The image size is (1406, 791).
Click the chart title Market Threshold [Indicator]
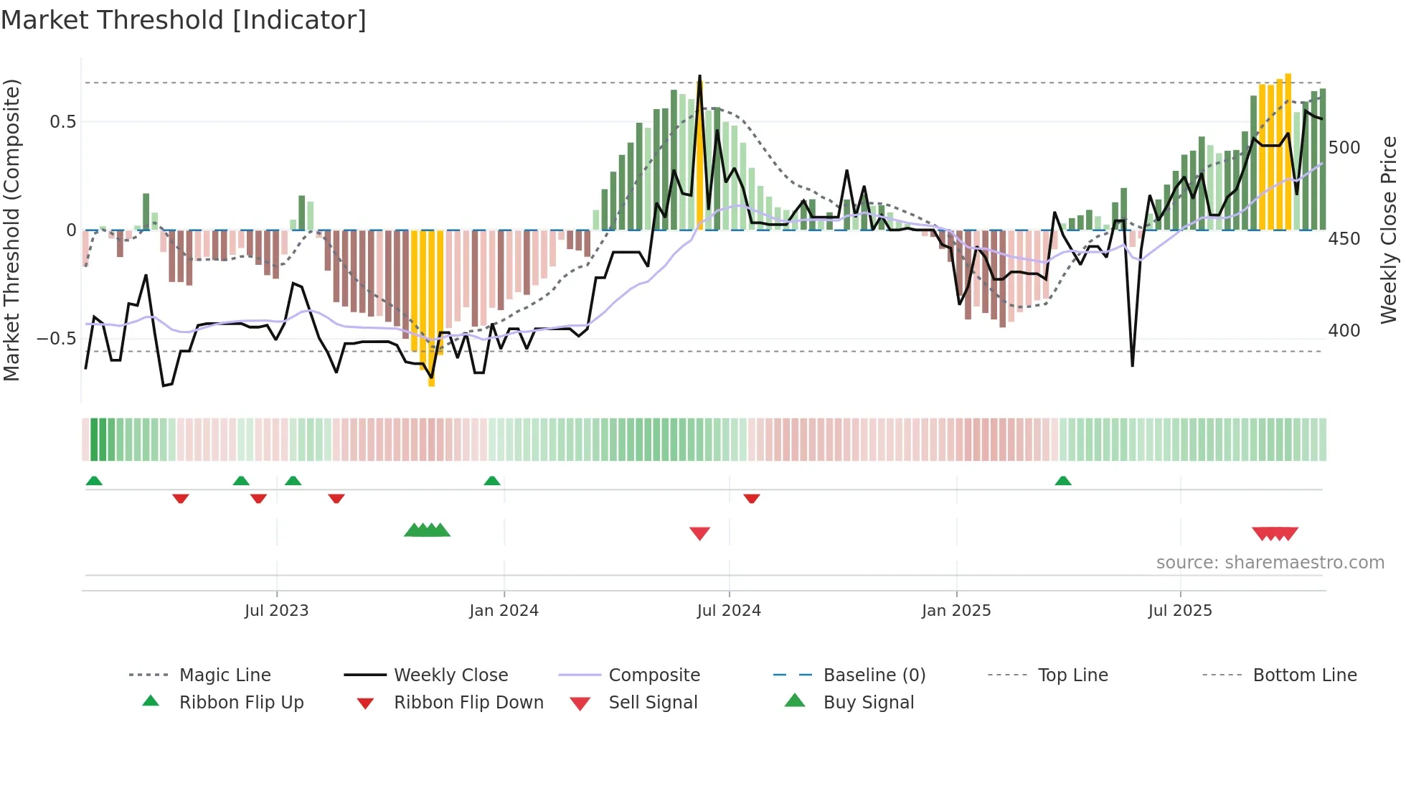[184, 20]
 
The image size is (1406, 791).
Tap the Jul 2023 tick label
[276, 611]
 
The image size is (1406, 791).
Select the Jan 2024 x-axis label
[504, 611]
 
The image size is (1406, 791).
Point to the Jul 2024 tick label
[729, 611]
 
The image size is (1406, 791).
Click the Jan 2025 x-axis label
[956, 611]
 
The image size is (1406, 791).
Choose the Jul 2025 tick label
[1180, 611]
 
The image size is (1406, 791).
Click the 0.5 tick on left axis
[63, 122]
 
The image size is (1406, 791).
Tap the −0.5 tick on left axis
[57, 338]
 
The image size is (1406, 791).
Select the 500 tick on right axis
[1344, 148]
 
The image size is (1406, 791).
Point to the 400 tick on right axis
[1344, 331]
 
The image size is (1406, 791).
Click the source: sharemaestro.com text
[1270, 563]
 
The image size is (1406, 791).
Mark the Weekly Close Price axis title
[1390, 230]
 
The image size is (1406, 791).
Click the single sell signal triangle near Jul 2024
[699, 533]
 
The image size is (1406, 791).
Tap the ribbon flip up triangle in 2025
[1063, 481]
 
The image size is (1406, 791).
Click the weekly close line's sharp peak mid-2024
[699, 77]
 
